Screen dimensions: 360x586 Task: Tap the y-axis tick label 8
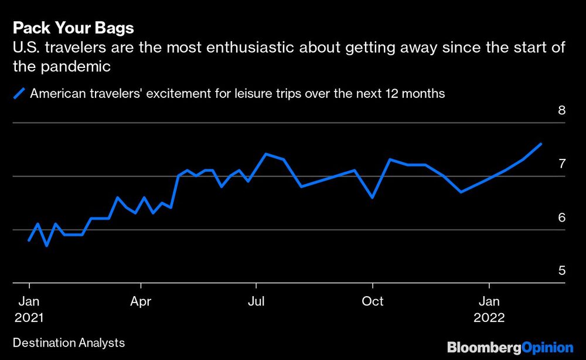tap(561, 110)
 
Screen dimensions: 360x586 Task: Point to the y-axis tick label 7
tap(561, 164)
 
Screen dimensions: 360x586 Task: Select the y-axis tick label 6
tap(561, 218)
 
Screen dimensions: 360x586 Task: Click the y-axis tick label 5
tap(561, 271)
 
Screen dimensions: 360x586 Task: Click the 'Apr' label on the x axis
tap(141, 301)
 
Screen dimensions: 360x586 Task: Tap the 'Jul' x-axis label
tap(256, 301)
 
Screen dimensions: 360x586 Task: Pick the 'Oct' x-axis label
tap(372, 301)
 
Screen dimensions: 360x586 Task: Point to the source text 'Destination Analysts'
tap(68, 342)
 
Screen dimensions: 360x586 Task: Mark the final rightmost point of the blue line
tap(541, 144)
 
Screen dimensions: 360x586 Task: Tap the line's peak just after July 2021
tap(266, 154)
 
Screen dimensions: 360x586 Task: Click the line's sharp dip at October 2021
tap(373, 198)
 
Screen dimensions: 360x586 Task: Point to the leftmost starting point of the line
tap(29, 240)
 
